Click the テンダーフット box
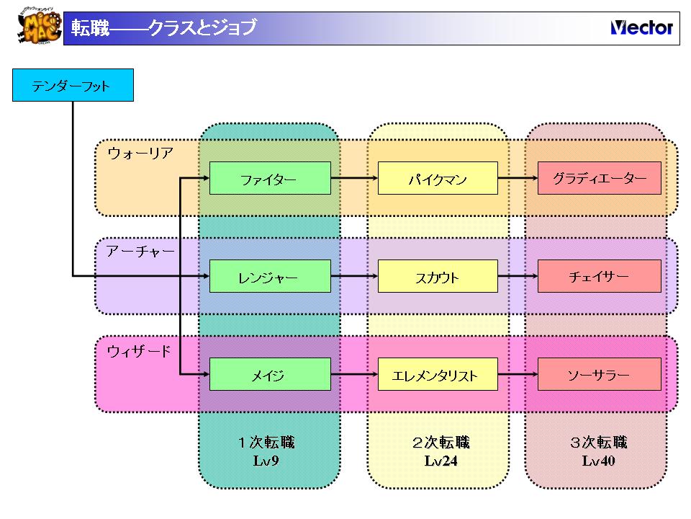click(x=73, y=86)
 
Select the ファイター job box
click(x=270, y=178)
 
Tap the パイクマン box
click(x=438, y=178)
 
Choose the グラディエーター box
click(x=599, y=178)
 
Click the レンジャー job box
click(x=270, y=276)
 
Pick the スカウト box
click(x=438, y=276)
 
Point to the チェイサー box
click(x=599, y=276)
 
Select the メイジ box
click(x=270, y=374)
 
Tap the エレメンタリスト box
click(x=438, y=374)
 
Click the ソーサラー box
click(x=599, y=374)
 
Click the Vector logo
click(x=641, y=28)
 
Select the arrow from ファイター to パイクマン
click(x=354, y=178)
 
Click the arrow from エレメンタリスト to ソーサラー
click(x=518, y=374)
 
